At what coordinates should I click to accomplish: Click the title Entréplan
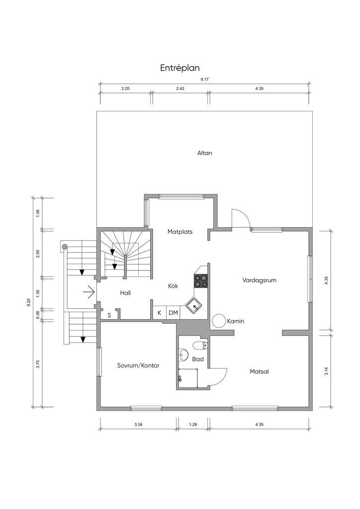tap(180, 68)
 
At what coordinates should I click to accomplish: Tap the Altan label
tap(204, 153)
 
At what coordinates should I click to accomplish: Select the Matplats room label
tap(180, 232)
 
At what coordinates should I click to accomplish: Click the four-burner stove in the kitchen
tap(201, 281)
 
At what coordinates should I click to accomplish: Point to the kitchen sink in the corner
tap(194, 306)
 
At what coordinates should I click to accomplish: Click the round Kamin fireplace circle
tap(219, 321)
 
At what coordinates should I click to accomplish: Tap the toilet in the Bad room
tap(200, 345)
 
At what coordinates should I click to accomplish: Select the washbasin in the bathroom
tap(183, 355)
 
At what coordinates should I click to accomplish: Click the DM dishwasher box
tap(174, 313)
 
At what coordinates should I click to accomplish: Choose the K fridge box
tap(160, 313)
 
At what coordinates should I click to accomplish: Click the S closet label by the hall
tap(109, 315)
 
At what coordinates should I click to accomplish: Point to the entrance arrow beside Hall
tap(89, 292)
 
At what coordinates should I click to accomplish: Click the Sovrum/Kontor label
tap(138, 365)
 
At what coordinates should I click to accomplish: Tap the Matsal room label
tap(260, 371)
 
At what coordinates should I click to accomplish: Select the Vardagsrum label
tap(260, 280)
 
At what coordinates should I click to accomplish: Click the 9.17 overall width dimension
tap(204, 80)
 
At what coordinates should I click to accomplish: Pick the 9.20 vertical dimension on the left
tap(29, 303)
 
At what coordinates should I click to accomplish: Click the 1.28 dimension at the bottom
tap(193, 424)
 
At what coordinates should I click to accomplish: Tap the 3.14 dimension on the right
tap(326, 371)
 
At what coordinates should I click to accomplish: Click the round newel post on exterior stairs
tap(65, 247)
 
